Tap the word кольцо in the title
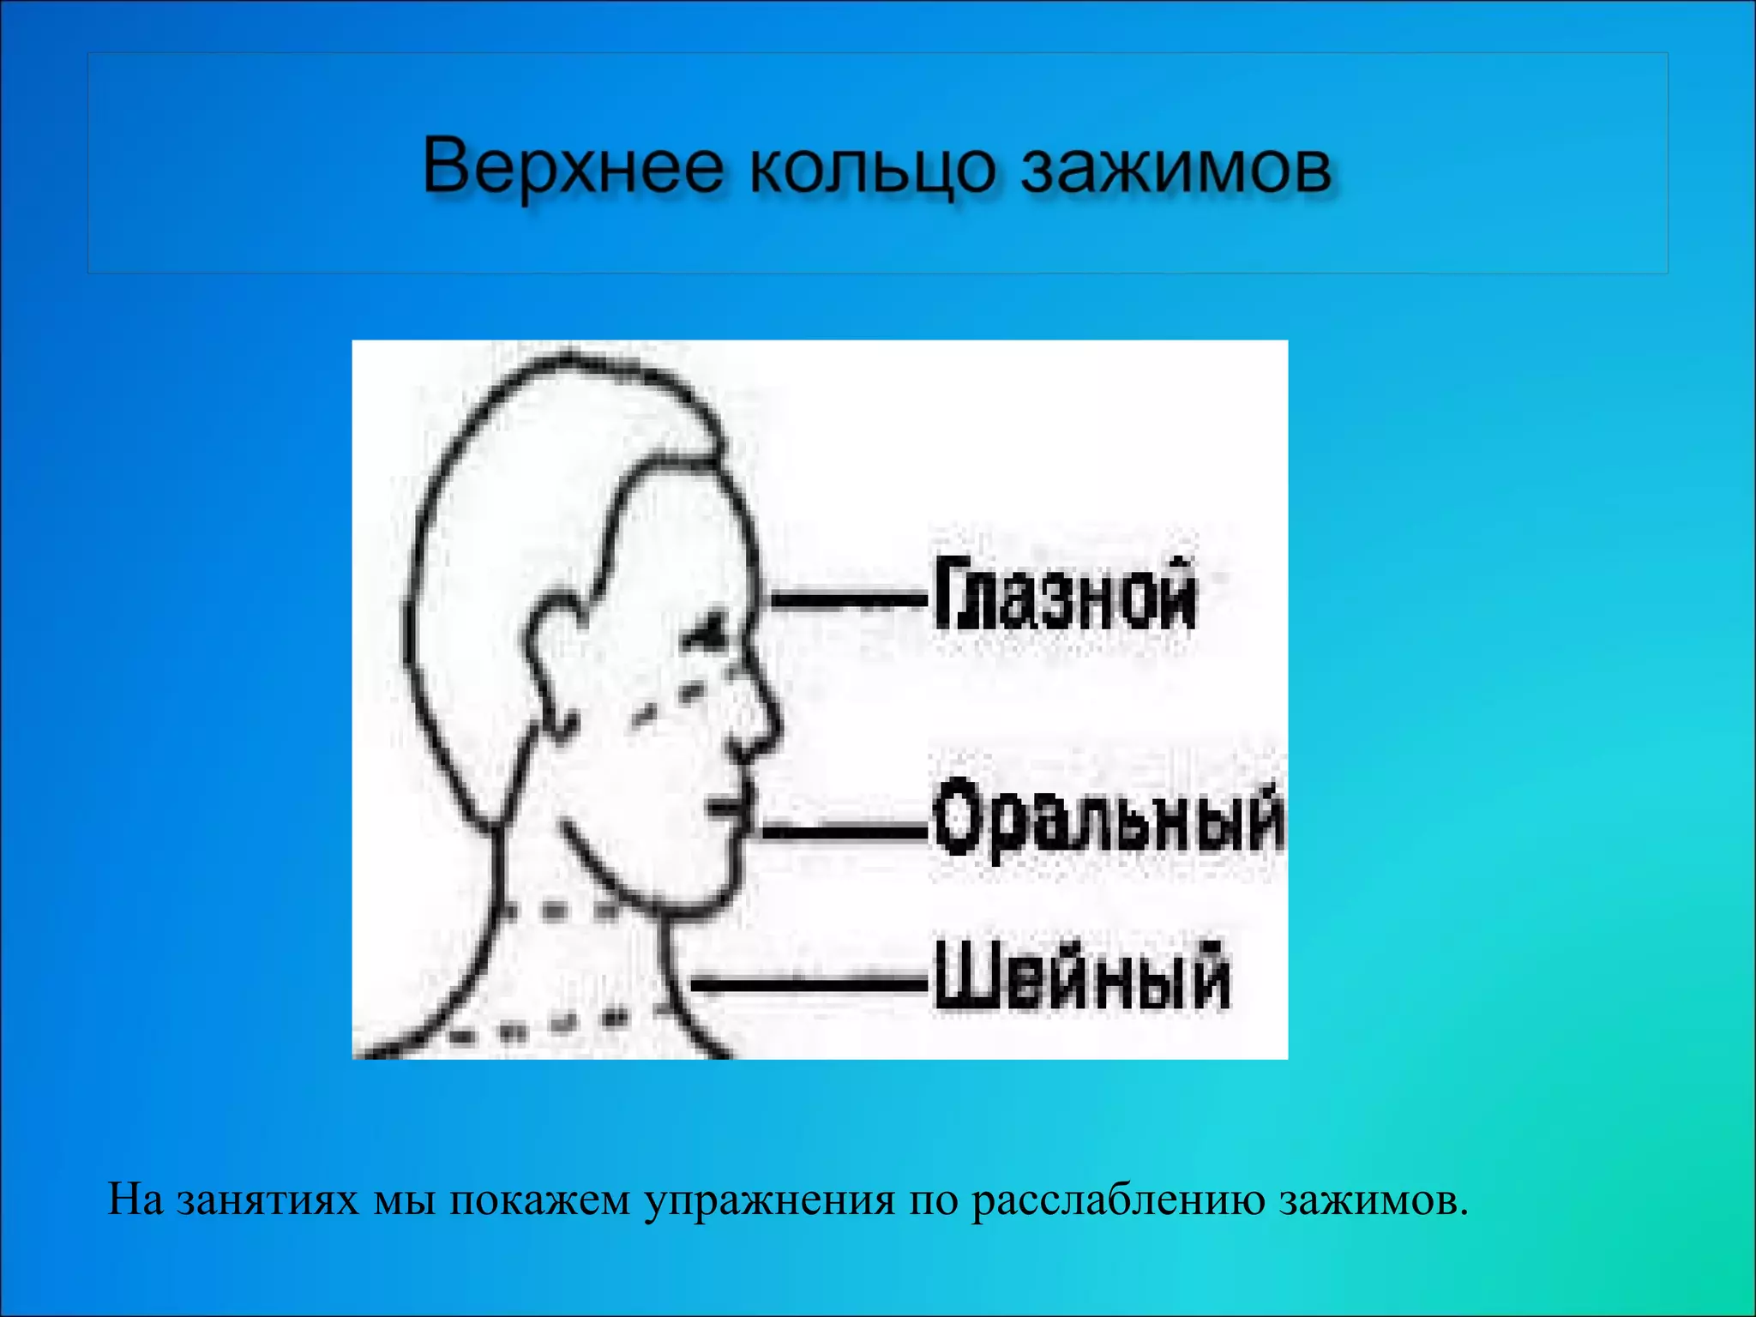871,168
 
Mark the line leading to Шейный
806,983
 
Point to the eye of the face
708,635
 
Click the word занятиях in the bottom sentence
268,1200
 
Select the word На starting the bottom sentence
135,1200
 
